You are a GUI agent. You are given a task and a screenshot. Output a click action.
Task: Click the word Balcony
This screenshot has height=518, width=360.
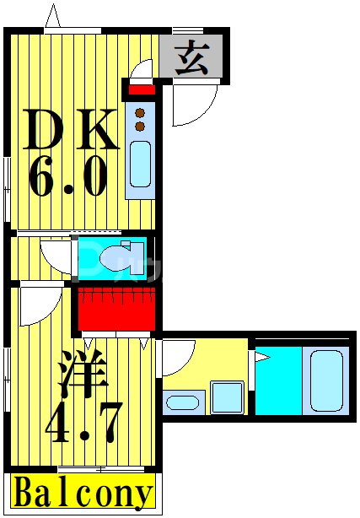[x=83, y=494]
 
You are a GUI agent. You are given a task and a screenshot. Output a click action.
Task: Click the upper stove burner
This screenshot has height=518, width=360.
[x=140, y=111]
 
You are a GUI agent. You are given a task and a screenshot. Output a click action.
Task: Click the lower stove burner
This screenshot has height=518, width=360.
[x=140, y=126]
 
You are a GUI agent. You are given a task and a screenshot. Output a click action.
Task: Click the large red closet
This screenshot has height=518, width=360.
[x=117, y=309]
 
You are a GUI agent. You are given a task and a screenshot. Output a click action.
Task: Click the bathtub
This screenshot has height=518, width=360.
[x=328, y=380]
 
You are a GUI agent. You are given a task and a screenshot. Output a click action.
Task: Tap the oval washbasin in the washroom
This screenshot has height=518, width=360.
[x=182, y=401]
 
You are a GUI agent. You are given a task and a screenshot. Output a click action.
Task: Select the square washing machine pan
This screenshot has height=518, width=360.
[x=226, y=397]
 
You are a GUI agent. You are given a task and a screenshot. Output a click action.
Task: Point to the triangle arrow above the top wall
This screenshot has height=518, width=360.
[x=54, y=16]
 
